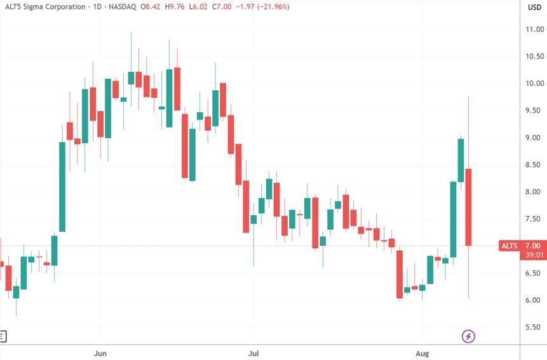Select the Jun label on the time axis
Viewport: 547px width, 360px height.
pyautogui.click(x=100, y=352)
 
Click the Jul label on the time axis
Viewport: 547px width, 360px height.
pyautogui.click(x=253, y=352)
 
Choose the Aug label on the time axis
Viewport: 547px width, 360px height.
pyautogui.click(x=422, y=352)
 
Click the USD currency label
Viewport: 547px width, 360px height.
pyautogui.click(x=534, y=7)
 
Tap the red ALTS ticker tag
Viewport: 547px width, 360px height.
pyautogui.click(x=510, y=246)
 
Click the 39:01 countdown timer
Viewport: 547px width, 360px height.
pyautogui.click(x=534, y=255)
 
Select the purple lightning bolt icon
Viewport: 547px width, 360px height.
pyautogui.click(x=468, y=336)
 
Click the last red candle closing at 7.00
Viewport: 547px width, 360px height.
pyautogui.click(x=468, y=207)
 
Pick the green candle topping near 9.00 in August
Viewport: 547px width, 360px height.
pyautogui.click(x=461, y=160)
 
